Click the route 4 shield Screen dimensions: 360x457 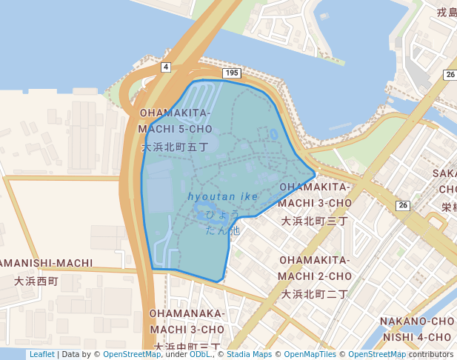[x=165, y=67]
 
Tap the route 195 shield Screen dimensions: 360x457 [x=232, y=73]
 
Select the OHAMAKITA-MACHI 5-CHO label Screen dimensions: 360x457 [x=176, y=121]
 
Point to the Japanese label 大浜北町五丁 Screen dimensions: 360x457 [x=175, y=147]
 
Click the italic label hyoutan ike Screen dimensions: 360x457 [x=223, y=196]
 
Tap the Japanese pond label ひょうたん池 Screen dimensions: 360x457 [x=223, y=222]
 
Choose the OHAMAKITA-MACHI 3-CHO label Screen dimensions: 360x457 [x=315, y=195]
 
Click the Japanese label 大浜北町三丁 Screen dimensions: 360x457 [x=314, y=221]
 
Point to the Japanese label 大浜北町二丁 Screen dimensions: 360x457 [x=314, y=294]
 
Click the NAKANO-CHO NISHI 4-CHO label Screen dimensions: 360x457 [x=416, y=329]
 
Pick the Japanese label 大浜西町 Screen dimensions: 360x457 [x=36, y=281]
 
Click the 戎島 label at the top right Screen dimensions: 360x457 [x=447, y=13]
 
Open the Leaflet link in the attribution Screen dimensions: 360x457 [x=41, y=354]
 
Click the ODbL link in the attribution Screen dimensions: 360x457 [x=199, y=354]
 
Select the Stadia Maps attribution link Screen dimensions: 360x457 [x=249, y=354]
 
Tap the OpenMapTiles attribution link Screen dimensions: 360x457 [x=310, y=354]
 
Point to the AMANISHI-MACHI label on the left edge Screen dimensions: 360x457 [x=47, y=263]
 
